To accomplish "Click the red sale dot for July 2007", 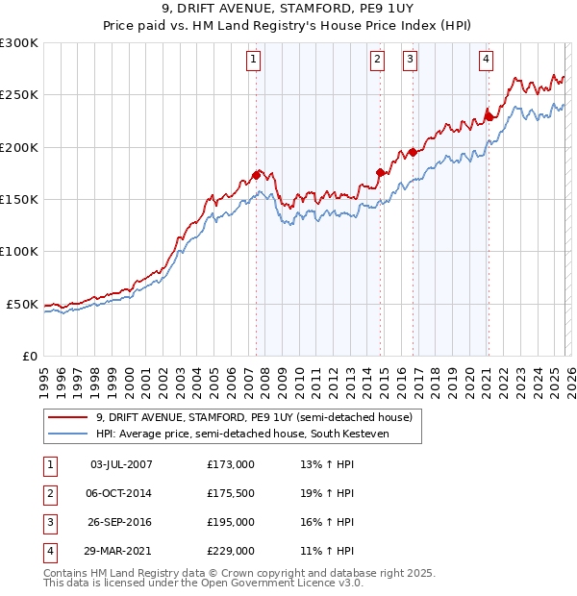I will tap(257, 175).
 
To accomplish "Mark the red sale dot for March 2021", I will tap(489, 116).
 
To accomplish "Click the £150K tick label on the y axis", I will tap(19, 199).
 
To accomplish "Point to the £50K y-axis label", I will tap(22, 304).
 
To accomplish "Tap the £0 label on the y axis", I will tap(29, 356).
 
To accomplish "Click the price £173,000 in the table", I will tap(231, 464).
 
